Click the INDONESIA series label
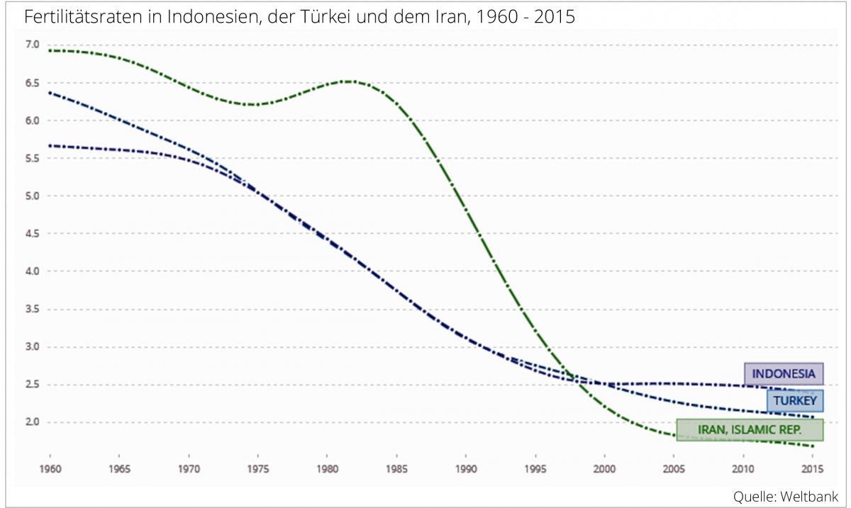(784, 373)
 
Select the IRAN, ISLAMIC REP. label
(750, 430)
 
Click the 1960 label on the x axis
(50, 468)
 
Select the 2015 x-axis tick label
(812, 468)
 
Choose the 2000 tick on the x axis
(604, 468)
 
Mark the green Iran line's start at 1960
(50, 50)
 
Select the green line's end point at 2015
(812, 446)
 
